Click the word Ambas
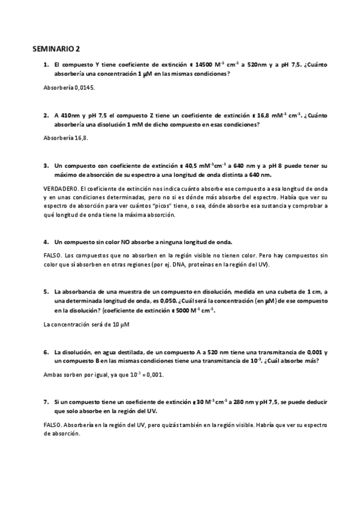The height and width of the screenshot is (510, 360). tap(53, 374)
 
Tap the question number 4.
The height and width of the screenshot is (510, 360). tap(46, 242)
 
